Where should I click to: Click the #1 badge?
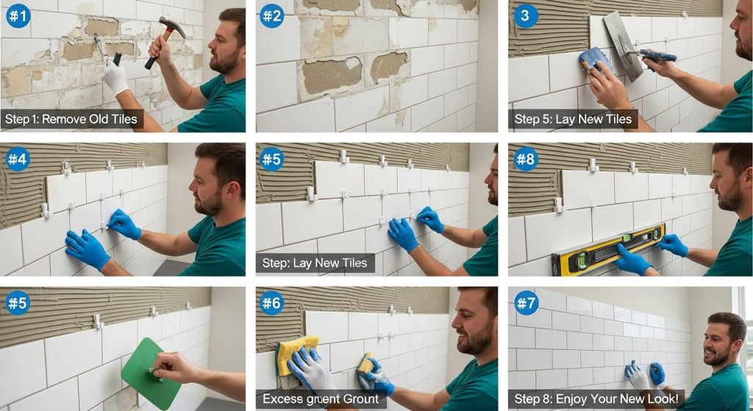tap(18, 15)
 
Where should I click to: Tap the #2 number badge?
tap(272, 15)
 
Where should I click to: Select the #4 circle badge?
tap(18, 158)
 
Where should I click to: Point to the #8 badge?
tap(525, 158)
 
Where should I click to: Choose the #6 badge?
tap(272, 301)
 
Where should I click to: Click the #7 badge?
tap(525, 301)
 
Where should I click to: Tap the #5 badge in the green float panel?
tap(18, 301)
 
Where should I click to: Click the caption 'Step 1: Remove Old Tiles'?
tap(71, 119)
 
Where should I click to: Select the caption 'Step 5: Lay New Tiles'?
tap(573, 119)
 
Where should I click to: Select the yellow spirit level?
tap(607, 249)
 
